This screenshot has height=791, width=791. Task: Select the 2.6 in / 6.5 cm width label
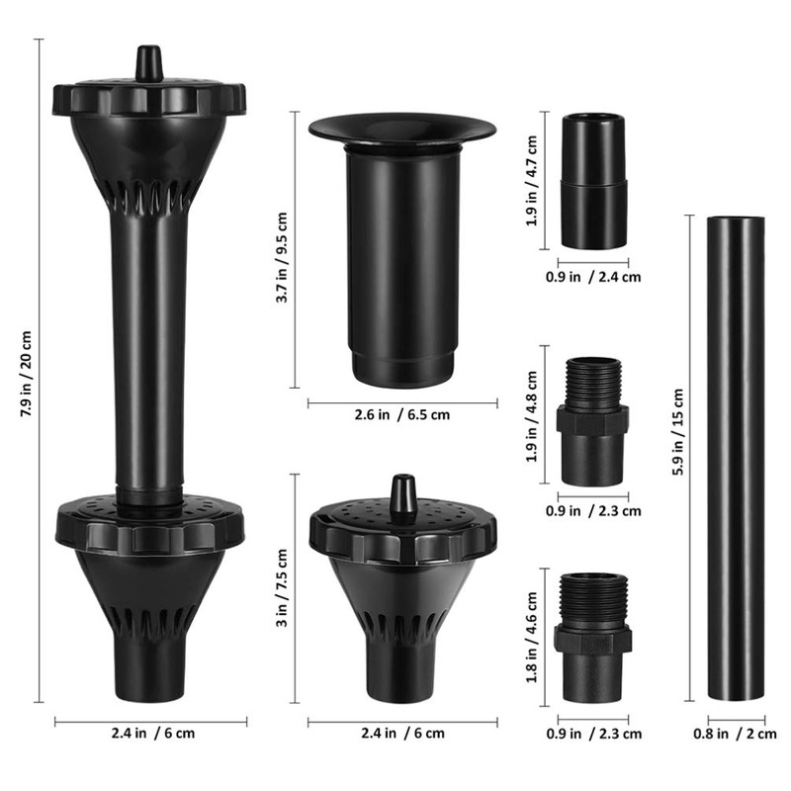401,414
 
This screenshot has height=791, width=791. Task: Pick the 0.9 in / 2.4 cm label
593,277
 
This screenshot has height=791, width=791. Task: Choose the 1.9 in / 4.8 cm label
533,416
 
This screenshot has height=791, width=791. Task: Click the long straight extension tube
736,455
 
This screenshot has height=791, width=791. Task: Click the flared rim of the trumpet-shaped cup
401,128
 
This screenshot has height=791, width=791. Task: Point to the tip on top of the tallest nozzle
148,62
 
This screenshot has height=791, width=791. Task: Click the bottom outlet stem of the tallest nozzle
148,672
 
